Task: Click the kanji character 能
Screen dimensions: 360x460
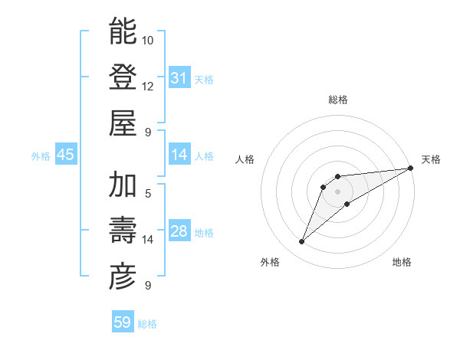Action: point(123,32)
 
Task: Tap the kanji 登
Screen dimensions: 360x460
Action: point(123,77)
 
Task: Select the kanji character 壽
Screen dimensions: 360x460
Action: point(123,231)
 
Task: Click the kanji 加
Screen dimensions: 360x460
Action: point(123,185)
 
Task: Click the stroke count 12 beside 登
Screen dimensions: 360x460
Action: point(148,86)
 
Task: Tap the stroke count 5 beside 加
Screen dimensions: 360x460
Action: point(148,194)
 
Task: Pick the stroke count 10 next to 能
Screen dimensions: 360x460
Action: point(148,40)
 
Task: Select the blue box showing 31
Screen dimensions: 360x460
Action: point(179,78)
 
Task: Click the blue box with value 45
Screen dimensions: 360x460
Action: point(66,155)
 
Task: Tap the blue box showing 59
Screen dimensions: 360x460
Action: point(123,322)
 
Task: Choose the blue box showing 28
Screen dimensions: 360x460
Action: point(179,231)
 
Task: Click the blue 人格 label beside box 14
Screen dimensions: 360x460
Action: point(204,155)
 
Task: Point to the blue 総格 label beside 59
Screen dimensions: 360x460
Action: point(147,324)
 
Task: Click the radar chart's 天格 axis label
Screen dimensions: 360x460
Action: point(431,159)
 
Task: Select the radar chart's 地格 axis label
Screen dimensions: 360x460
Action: point(402,262)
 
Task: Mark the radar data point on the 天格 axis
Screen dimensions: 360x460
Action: point(410,168)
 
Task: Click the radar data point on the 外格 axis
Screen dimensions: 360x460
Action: point(302,242)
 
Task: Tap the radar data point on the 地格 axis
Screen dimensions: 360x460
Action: point(347,204)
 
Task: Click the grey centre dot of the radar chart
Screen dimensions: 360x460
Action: point(337,191)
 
